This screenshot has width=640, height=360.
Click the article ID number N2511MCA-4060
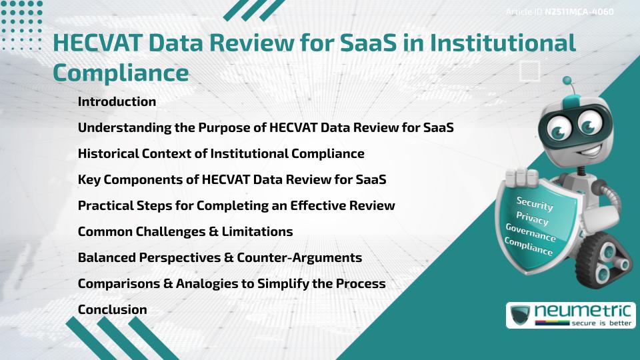point(579,11)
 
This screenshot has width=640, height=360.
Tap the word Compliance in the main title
point(120,73)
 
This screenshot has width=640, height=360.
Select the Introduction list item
point(117,102)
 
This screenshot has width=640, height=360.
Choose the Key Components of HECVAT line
point(232,180)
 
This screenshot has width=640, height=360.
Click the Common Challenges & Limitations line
point(185,232)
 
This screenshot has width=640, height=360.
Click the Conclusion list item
point(112,310)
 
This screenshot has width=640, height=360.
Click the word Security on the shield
point(534,203)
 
